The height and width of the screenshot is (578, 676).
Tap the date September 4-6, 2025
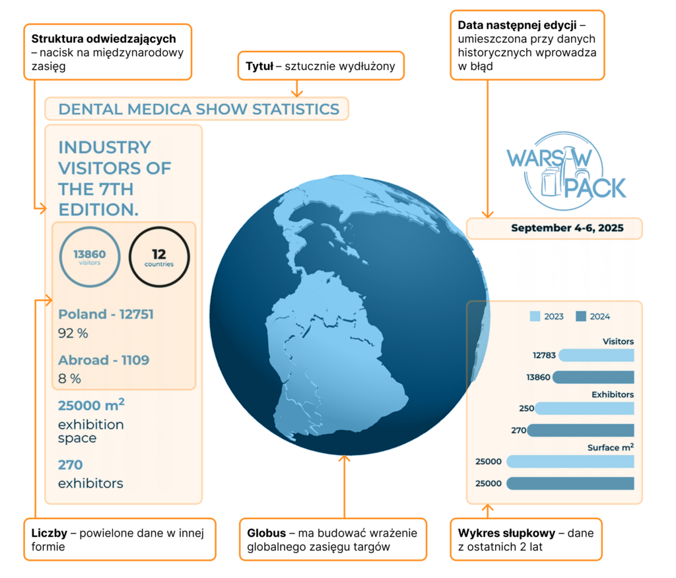566,229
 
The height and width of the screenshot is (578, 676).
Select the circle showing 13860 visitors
90,256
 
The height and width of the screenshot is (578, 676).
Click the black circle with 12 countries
159,256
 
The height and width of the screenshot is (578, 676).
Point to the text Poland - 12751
106,314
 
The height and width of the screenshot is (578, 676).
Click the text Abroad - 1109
104,360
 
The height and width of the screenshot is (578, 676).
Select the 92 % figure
73,334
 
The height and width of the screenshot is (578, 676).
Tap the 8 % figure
69,379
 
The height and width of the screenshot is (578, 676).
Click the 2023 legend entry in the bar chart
547,316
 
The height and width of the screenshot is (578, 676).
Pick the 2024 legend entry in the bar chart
593,316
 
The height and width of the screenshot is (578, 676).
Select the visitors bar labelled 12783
596,355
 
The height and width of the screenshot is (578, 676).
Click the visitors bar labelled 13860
593,377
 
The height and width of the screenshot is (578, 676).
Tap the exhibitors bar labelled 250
584,409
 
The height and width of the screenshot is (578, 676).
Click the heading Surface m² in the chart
611,447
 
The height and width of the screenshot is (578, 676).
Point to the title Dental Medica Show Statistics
199,109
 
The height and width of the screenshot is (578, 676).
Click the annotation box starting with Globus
333,540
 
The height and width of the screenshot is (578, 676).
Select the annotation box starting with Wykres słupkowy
525,540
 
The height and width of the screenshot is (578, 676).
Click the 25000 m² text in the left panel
92,405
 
